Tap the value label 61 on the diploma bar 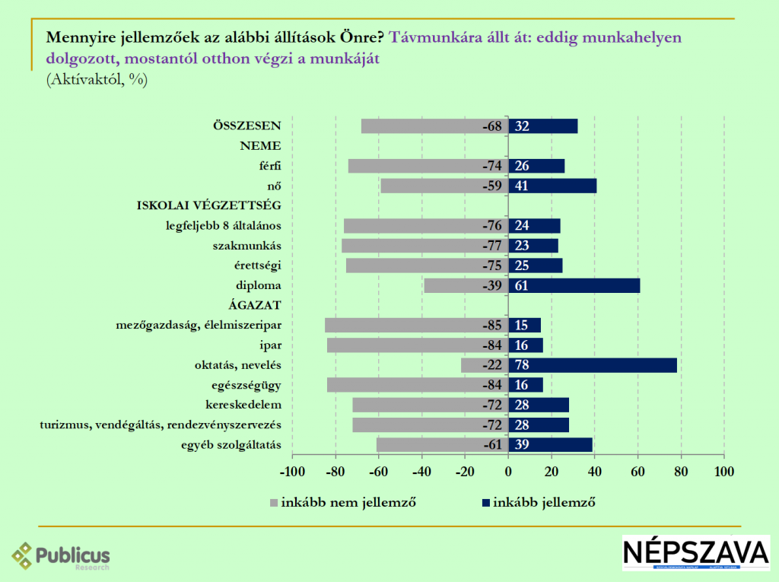[523, 286]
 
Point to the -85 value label [491, 326]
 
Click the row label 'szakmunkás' [248, 246]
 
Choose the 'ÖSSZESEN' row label [247, 126]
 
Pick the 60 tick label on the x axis [638, 471]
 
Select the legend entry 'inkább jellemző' [544, 501]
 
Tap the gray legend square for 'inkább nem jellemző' [273, 502]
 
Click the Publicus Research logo [61, 557]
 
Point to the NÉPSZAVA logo [696, 553]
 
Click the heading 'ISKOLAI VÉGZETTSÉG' [209, 205]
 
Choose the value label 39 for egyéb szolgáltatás [523, 445]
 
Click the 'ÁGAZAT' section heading [256, 306]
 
